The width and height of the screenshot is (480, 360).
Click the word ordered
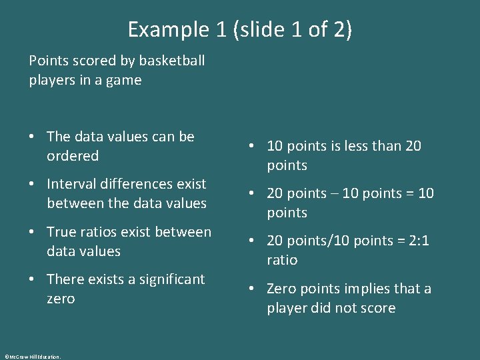pos(73,156)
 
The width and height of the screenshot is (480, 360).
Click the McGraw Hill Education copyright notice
pos(32,357)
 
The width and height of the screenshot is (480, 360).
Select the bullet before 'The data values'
pos(33,137)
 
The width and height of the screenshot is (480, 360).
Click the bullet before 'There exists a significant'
pos(33,280)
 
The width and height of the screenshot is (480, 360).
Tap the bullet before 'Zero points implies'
pos(252,289)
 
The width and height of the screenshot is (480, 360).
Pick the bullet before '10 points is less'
pos(252,147)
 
